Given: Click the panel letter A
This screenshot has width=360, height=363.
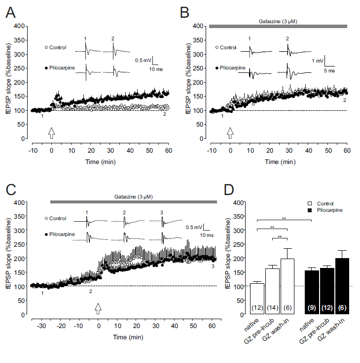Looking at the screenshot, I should click(x=10, y=12).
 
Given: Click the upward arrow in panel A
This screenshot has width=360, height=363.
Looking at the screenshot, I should click(x=52, y=132).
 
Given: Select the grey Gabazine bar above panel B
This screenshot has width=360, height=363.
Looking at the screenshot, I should click(x=278, y=26).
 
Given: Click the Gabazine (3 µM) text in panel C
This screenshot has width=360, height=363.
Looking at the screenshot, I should click(x=134, y=196).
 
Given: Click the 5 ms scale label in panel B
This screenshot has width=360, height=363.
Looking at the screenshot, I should click(x=336, y=71).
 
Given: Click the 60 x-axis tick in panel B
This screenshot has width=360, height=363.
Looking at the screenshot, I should click(x=347, y=150).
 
